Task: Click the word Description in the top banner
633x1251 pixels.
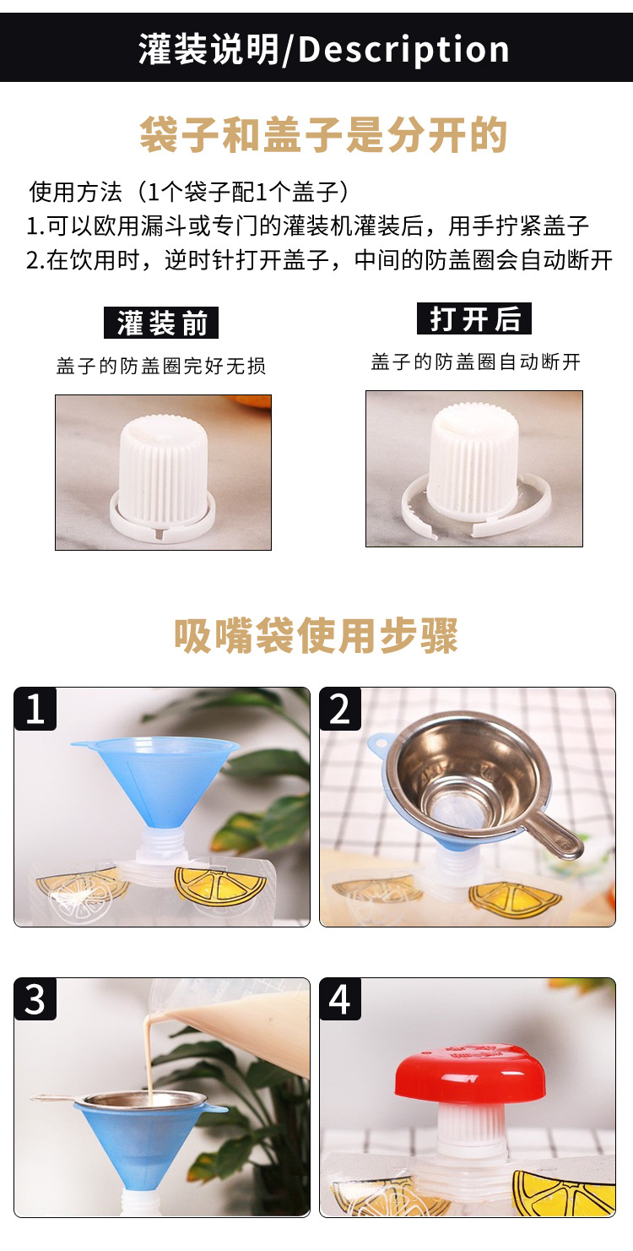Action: (x=403, y=50)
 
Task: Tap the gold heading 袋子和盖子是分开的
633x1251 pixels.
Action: (x=324, y=134)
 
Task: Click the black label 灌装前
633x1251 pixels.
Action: (x=161, y=323)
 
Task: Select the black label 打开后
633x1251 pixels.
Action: (x=474, y=319)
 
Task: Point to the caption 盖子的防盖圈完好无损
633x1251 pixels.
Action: (x=161, y=366)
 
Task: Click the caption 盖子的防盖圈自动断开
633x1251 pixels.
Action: (x=476, y=362)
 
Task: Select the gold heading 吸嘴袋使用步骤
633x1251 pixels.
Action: (x=316, y=635)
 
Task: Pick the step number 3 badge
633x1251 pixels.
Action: (x=35, y=999)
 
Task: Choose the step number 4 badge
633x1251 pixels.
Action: (x=340, y=999)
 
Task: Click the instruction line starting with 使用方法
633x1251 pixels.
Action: (x=189, y=192)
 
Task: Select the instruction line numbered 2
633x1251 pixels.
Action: (x=319, y=259)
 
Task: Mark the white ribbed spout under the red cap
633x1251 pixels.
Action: (x=471, y=1128)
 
